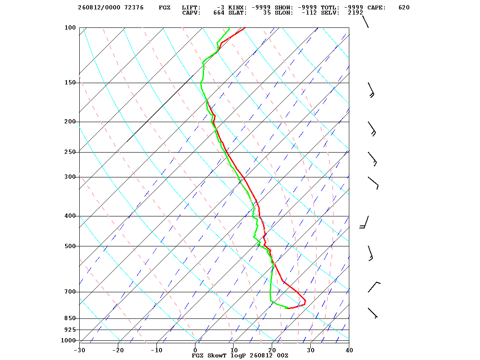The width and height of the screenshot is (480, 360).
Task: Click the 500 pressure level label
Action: point(70,246)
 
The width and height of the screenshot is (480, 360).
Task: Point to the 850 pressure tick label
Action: point(70,318)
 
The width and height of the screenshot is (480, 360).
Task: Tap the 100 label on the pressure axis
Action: point(70,27)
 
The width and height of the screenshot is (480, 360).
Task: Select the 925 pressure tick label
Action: point(70,330)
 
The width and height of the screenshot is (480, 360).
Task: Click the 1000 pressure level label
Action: point(68,340)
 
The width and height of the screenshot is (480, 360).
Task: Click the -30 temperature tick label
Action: point(79,350)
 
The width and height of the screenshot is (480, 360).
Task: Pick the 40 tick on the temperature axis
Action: point(349,350)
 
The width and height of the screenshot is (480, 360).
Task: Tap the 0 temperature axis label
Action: point(195,350)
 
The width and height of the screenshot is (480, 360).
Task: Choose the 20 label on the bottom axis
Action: point(272,350)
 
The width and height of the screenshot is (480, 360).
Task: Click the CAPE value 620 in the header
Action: point(404,8)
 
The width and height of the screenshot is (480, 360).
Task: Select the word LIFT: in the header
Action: point(191,8)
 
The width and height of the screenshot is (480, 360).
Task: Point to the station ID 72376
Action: point(134,8)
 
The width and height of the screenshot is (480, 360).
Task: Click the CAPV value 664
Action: point(219,13)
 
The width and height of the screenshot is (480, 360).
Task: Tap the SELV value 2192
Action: point(355,13)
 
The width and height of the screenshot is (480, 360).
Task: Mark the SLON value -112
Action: point(309,13)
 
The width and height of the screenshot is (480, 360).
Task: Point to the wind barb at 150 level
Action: point(371,90)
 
